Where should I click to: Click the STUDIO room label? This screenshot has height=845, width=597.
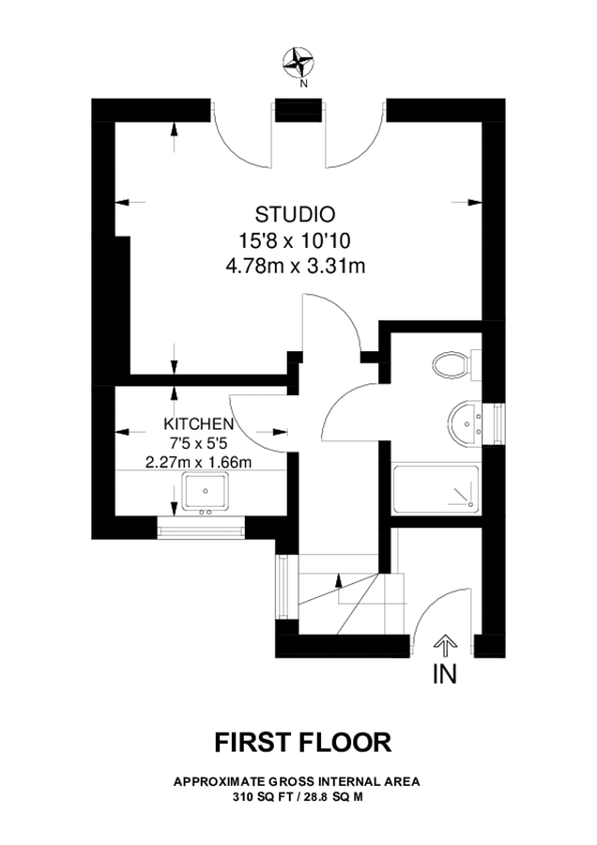tap(296, 212)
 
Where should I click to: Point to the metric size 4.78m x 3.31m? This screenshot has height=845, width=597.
tap(296, 267)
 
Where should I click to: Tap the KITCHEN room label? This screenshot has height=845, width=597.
tap(199, 424)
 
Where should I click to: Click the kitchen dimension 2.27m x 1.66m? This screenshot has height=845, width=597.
tap(199, 462)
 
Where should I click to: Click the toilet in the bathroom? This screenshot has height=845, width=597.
tap(452, 364)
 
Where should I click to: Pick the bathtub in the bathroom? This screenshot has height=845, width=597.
tap(435, 488)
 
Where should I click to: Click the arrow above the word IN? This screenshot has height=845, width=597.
tap(444, 644)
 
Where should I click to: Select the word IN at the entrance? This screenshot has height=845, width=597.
tap(444, 673)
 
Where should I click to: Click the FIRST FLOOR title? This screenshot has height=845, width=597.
tap(302, 743)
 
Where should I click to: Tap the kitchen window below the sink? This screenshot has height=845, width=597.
tap(202, 530)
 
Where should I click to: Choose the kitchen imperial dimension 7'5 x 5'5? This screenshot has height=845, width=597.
tap(199, 443)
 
